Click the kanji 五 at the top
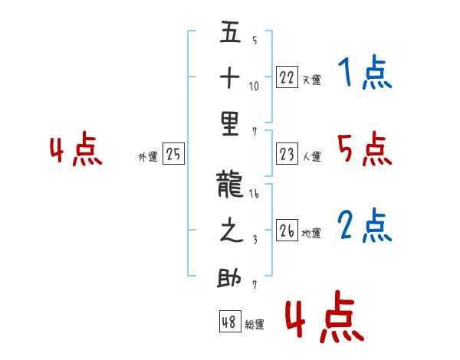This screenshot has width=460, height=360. pyautogui.click(x=230, y=31)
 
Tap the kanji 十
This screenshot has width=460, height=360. pyautogui.click(x=230, y=77)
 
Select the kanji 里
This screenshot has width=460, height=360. pyautogui.click(x=230, y=124)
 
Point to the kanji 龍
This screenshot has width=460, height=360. pyautogui.click(x=230, y=185)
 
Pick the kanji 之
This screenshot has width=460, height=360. pyautogui.click(x=232, y=230)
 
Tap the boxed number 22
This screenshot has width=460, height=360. pyautogui.click(x=287, y=77)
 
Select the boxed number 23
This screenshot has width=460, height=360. pyautogui.click(x=287, y=153)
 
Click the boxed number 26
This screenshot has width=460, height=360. pyautogui.click(x=287, y=230)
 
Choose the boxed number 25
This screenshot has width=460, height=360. pyautogui.click(x=173, y=153)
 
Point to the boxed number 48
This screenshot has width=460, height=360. pyautogui.click(x=230, y=321)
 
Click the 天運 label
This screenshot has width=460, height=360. pyautogui.click(x=312, y=80)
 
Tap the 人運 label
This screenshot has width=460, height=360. pyautogui.click(x=312, y=156)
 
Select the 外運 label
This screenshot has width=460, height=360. pyautogui.click(x=148, y=157)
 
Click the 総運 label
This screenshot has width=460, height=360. pyautogui.click(x=255, y=324)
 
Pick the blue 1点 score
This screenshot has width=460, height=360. pyautogui.click(x=365, y=72)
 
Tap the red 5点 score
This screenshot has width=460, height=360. pyautogui.click(x=365, y=149)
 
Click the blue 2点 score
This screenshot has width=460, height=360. pyautogui.click(x=365, y=225)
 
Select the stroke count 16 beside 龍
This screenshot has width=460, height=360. pyautogui.click(x=254, y=194)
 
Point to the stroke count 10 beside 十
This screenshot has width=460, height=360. pyautogui.click(x=254, y=86)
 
